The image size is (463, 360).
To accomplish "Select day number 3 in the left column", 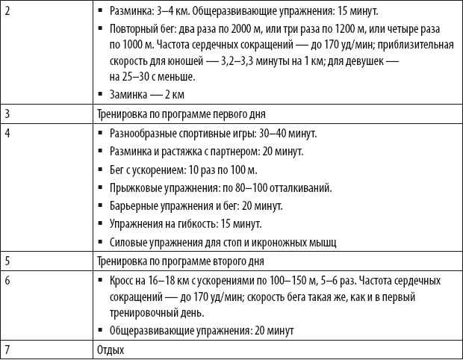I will pyautogui.click(x=7, y=114).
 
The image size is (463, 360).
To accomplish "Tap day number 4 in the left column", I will pyautogui.click(x=7, y=134).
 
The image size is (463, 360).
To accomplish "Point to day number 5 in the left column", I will pyautogui.click(x=7, y=261).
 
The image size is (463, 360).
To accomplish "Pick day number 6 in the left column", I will pyautogui.click(x=7, y=281).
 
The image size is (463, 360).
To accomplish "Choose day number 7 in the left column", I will pyautogui.click(x=7, y=349).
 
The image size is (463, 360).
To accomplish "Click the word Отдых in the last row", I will pyautogui.click(x=111, y=349).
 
